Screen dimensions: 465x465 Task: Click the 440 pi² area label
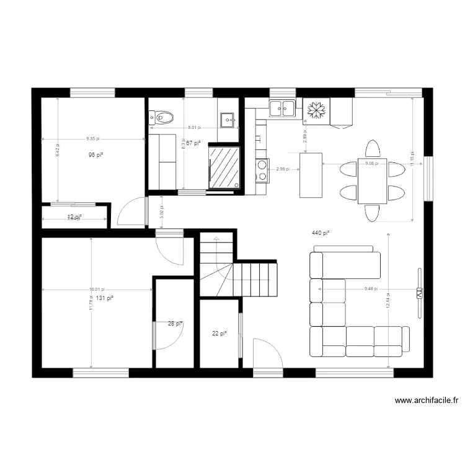pyautogui.click(x=320, y=233)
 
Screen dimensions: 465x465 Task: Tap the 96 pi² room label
pyautogui.click(x=95, y=154)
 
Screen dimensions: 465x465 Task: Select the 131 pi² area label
pyautogui.click(x=104, y=298)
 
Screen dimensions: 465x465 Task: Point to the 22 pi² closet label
pyautogui.click(x=219, y=334)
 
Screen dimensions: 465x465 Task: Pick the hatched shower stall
pyautogui.click(x=224, y=166)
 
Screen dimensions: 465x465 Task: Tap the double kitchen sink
pyautogui.click(x=281, y=108)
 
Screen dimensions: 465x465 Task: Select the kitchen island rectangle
pyautogui.click(x=311, y=175)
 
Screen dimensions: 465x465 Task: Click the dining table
pyautogui.click(x=373, y=180)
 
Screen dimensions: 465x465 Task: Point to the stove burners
pyautogui.click(x=262, y=171)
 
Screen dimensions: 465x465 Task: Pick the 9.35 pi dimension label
pyautogui.click(x=94, y=139)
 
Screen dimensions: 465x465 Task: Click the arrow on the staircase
pyautogui.click(x=216, y=239)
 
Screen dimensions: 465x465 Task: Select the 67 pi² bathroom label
pyautogui.click(x=194, y=143)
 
